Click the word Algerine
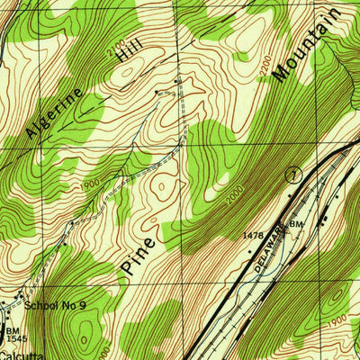point(56,112)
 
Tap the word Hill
point(119,70)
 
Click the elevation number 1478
point(255,236)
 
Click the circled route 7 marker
point(292,175)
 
